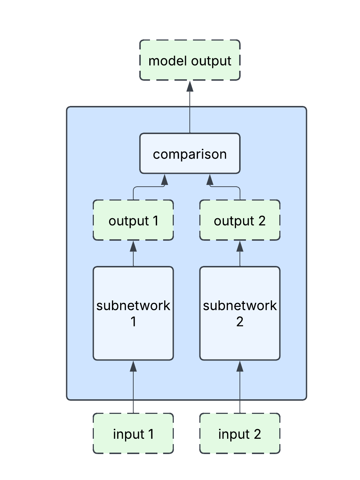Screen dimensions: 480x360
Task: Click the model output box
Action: pyautogui.click(x=190, y=60)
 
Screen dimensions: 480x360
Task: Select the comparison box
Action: pyautogui.click(x=190, y=153)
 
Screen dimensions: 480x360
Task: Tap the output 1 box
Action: pyautogui.click(x=133, y=220)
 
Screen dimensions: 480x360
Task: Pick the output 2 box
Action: pyautogui.click(x=240, y=220)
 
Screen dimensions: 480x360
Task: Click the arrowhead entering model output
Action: pyautogui.click(x=190, y=86)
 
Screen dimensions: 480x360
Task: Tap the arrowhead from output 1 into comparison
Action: pyautogui.click(x=165, y=180)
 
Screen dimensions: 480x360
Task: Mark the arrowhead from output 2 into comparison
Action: pyautogui.click(x=210, y=180)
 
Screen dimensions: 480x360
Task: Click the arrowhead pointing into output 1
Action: pyautogui.click(x=133, y=246)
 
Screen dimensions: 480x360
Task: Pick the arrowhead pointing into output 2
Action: pyautogui.click(x=240, y=246)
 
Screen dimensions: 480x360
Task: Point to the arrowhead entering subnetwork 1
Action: pyautogui.click(x=133, y=366)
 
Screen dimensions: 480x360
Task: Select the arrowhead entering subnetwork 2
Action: pyautogui.click(x=240, y=366)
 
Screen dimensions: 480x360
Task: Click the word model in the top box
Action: pyautogui.click(x=162, y=61)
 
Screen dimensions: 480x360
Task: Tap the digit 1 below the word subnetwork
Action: pyautogui.click(x=133, y=321)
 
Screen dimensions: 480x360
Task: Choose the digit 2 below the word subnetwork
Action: pyautogui.click(x=240, y=321)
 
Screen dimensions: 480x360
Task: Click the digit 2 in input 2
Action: pyautogui.click(x=257, y=434)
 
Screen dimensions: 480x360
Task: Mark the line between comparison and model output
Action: pyautogui.click(x=190, y=114)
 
